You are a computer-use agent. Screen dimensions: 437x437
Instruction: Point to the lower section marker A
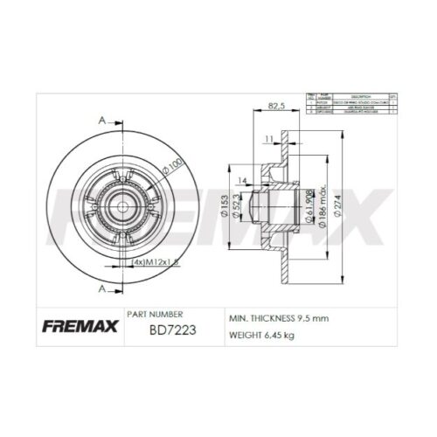pyautogui.click(x=103, y=288)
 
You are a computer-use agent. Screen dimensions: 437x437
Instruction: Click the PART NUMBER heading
pyautogui.click(x=155, y=314)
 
